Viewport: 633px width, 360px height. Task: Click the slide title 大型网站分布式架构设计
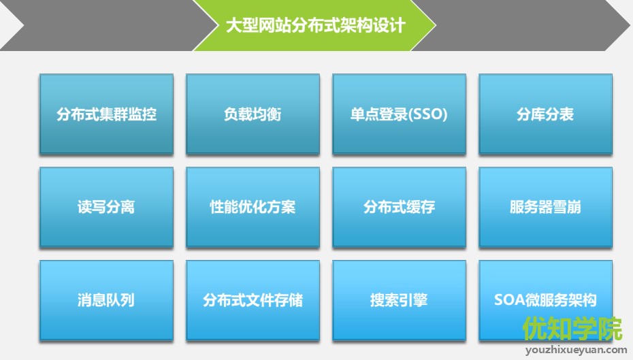tap(315, 26)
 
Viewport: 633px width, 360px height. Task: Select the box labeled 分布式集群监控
tap(106, 114)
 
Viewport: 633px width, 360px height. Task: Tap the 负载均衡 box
tap(253, 114)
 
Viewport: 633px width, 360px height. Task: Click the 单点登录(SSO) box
tap(399, 114)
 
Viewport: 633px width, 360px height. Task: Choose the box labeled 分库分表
tap(545, 114)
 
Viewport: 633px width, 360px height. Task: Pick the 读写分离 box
tap(106, 207)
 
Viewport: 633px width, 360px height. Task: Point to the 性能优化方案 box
tap(253, 207)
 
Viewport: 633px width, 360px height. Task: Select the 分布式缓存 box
tap(399, 207)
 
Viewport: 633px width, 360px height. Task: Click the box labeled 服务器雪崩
tap(545, 207)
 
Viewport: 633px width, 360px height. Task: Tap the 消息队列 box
tap(106, 300)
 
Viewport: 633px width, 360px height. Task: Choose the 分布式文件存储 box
tap(253, 300)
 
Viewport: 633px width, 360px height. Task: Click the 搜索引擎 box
tap(399, 300)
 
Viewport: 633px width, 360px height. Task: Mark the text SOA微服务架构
tap(545, 300)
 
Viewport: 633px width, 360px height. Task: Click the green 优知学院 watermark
tap(572, 329)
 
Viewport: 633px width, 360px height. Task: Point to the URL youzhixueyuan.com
tap(576, 350)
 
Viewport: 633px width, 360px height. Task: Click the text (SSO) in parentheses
tap(429, 114)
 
